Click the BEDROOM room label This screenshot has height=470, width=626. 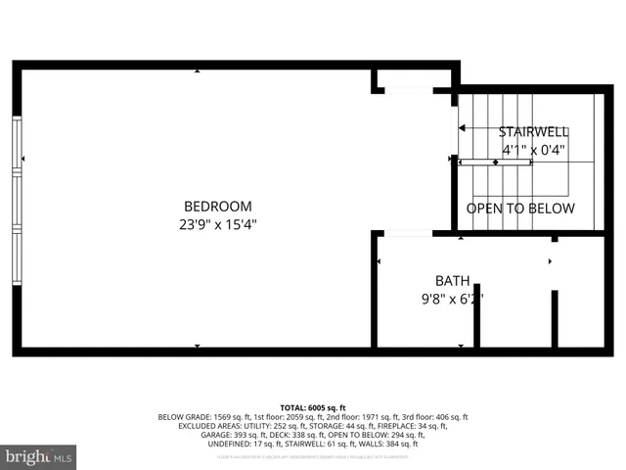tap(217, 207)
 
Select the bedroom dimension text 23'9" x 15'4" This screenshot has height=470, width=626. tap(217, 224)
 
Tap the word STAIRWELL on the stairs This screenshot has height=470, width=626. tap(533, 132)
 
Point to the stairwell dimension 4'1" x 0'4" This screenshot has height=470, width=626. tap(533, 151)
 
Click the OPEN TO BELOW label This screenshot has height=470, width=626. tap(519, 209)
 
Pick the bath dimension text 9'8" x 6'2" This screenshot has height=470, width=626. tap(452, 300)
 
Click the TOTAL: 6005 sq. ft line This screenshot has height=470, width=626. tap(313, 407)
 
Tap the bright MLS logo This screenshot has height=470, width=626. tap(39, 455)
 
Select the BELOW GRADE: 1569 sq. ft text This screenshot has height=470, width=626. tap(204, 417)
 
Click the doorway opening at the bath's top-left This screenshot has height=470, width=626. tap(406, 234)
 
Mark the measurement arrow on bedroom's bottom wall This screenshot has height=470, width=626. tap(198, 347)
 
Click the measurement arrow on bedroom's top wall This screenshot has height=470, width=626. tap(198, 70)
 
